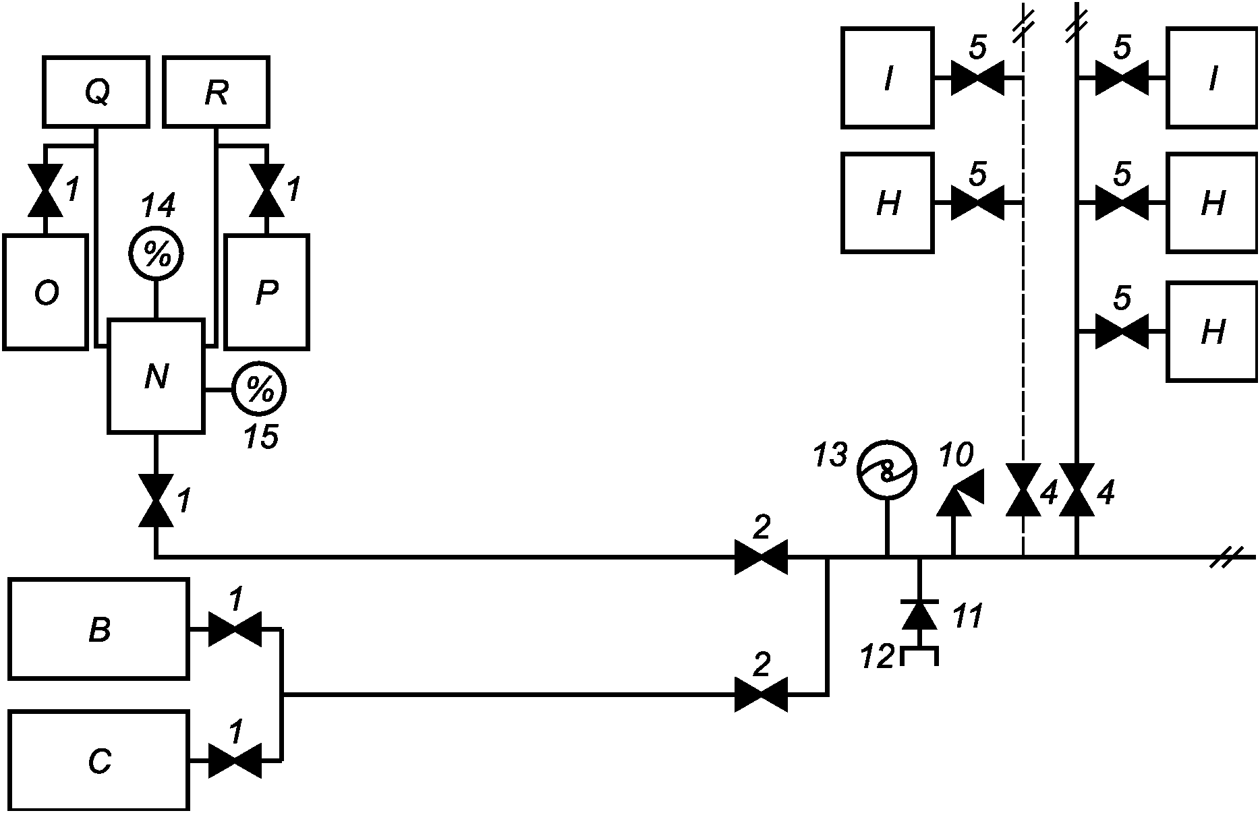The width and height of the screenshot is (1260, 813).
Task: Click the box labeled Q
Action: point(96,92)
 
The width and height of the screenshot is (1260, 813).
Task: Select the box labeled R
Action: point(216,92)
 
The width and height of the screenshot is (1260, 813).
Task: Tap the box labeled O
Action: point(46,292)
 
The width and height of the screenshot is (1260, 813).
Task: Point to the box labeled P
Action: point(267,292)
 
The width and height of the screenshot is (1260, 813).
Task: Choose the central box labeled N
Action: point(156,376)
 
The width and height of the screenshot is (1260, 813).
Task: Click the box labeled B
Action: point(98,628)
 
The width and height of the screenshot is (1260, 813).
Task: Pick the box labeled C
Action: point(98,760)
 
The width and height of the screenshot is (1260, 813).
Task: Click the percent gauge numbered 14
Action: point(156,255)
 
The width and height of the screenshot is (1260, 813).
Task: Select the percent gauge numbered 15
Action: point(259,389)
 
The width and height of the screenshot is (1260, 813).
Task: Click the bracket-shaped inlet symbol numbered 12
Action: point(919,656)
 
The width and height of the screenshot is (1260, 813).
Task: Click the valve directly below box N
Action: point(156,500)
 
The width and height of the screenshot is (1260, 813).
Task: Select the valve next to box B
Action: point(235,629)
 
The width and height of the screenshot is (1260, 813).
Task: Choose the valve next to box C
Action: point(235,761)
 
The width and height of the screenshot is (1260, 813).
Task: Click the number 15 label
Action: point(261,437)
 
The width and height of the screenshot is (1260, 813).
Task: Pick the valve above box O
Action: point(45,191)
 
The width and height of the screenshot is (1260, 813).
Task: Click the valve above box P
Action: point(266,191)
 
